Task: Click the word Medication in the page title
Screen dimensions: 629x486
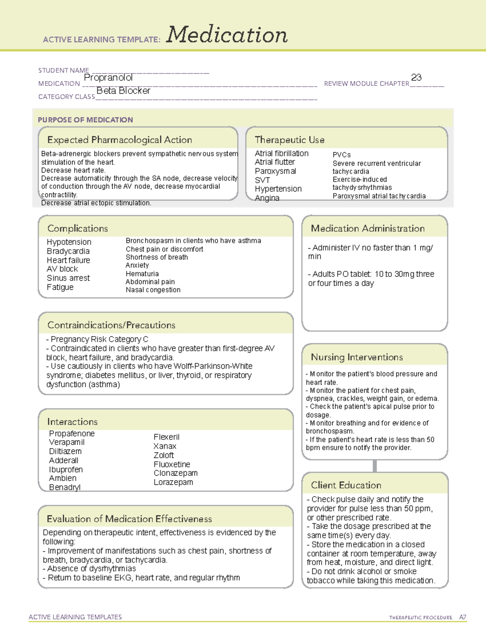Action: [226, 35]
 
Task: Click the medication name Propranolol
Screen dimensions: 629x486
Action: [108, 77]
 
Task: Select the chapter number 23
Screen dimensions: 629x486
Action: [416, 77]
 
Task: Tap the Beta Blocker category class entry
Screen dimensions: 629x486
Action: [123, 91]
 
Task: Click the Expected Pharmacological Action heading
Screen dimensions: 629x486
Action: [119, 140]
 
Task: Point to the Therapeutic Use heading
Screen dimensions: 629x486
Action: [289, 140]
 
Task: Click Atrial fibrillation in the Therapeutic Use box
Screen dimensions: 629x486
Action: [281, 154]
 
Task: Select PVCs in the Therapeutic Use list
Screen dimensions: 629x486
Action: [341, 155]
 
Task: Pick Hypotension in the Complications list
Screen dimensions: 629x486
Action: [69, 242]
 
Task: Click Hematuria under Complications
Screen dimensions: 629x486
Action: [142, 274]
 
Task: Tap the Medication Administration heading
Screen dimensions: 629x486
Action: [367, 228]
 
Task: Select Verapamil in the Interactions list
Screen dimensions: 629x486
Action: [66, 442]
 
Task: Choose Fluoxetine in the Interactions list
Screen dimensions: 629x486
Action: [172, 464]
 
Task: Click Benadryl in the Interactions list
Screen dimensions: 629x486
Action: [64, 487]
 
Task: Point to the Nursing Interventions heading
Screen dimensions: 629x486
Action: [356, 357]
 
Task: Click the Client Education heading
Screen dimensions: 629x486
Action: [346, 485]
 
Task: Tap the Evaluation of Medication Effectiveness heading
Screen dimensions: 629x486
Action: [129, 519]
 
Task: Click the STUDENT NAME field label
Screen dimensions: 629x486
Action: [64, 70]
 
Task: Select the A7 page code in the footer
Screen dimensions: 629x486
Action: [462, 617]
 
